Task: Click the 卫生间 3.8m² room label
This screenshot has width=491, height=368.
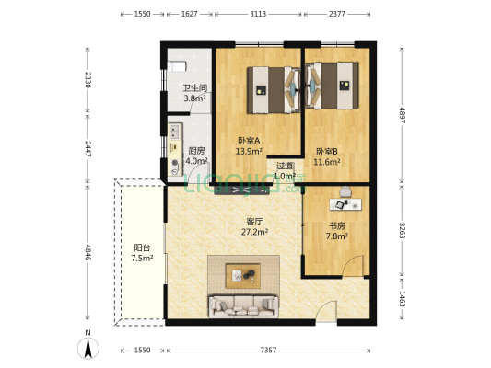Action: click(x=194, y=93)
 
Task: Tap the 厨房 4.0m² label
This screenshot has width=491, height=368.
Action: click(x=195, y=155)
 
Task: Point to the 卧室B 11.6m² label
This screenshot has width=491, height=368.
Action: click(x=327, y=156)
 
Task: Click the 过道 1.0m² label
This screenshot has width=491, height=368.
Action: click(x=285, y=171)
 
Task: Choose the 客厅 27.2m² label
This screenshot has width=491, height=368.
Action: click(x=254, y=226)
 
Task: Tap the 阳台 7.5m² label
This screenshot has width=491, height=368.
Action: click(x=142, y=252)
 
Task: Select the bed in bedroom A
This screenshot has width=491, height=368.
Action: click(x=270, y=87)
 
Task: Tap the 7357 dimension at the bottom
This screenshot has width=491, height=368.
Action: click(x=268, y=351)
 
